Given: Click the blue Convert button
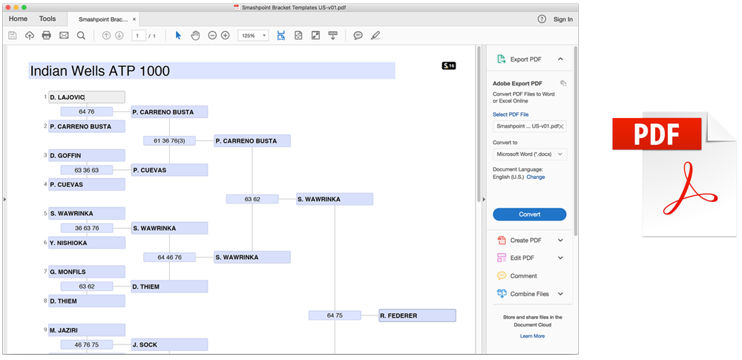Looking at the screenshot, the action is (x=530, y=214).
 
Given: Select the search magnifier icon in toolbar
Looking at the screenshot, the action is (x=81, y=36).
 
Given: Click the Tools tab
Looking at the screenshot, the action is (x=47, y=19).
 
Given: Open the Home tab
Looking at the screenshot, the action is (x=18, y=19).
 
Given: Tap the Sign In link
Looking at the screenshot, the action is (x=562, y=19).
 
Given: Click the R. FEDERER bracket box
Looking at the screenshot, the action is (x=417, y=315).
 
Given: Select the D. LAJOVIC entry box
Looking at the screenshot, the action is (x=87, y=97).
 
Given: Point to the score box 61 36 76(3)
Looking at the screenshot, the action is (x=169, y=141).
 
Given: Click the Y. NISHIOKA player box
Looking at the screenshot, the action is (x=87, y=243).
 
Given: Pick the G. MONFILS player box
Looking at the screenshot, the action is (x=87, y=272).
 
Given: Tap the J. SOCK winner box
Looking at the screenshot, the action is (x=169, y=345).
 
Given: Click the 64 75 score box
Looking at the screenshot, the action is (x=335, y=315).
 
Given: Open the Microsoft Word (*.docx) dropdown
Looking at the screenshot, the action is (x=530, y=154).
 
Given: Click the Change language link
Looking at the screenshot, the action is (x=536, y=177).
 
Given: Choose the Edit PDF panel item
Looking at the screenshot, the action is (x=522, y=258).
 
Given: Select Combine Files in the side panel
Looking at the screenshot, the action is (x=529, y=294).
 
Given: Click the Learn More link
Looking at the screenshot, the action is (x=532, y=336).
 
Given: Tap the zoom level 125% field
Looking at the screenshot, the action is (x=254, y=36).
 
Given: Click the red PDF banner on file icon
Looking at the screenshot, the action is (x=657, y=134).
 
